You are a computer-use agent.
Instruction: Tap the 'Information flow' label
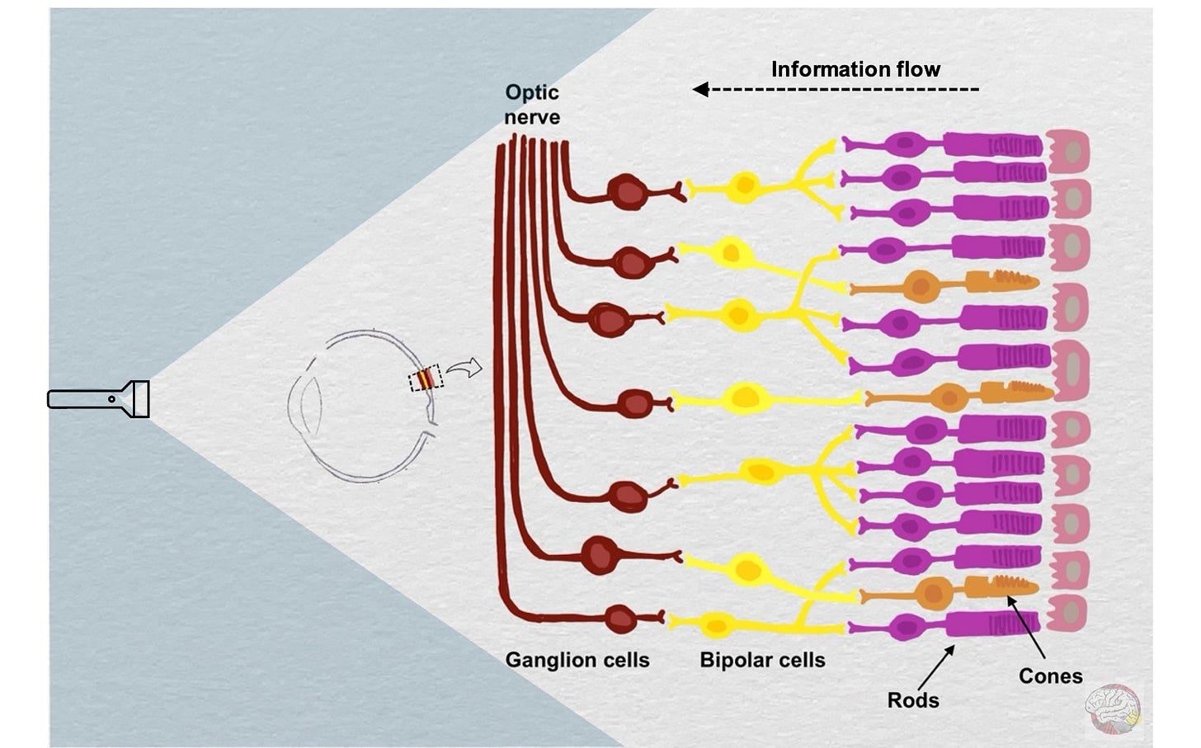click(x=855, y=69)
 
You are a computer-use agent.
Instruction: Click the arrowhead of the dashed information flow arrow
click(x=700, y=89)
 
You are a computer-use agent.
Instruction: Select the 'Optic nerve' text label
click(x=532, y=105)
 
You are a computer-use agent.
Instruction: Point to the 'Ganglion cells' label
click(x=577, y=660)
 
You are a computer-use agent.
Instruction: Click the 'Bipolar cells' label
click(x=762, y=660)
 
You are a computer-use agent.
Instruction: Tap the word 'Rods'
click(x=913, y=700)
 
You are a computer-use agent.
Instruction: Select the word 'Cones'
click(x=1050, y=676)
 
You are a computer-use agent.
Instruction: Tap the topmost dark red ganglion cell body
click(x=629, y=191)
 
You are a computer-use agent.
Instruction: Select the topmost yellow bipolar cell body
click(x=744, y=185)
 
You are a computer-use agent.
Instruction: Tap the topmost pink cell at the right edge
click(x=1069, y=152)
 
